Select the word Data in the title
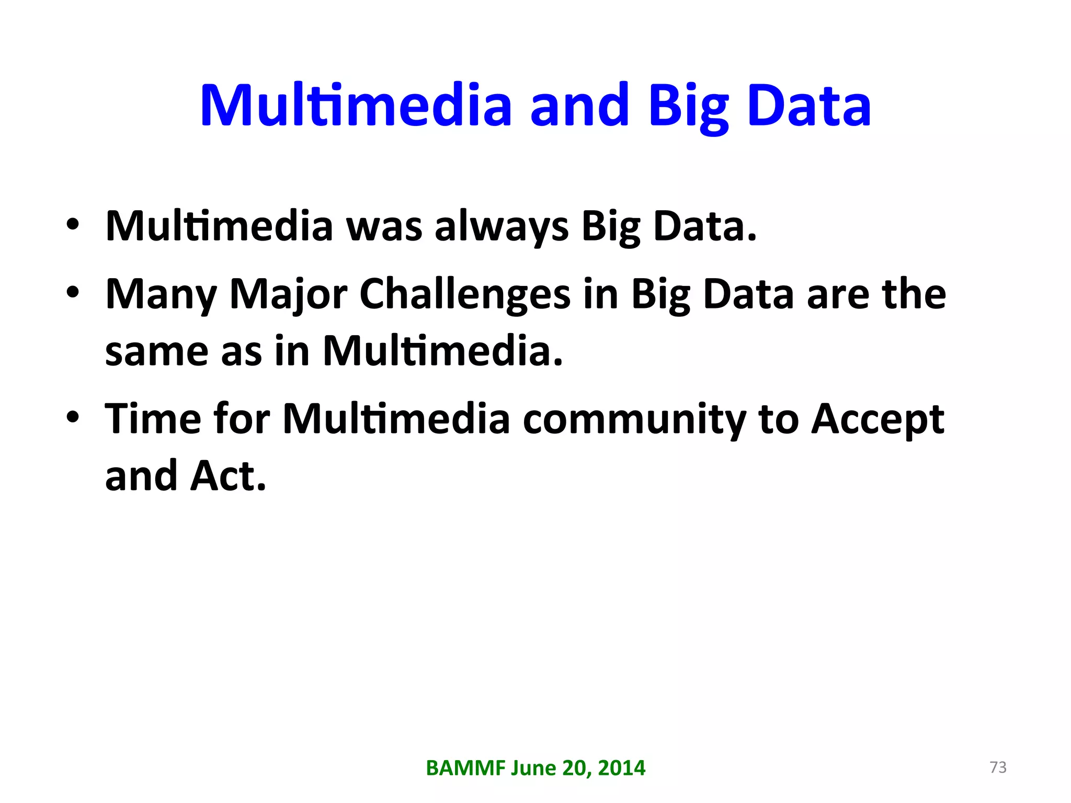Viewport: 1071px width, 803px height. pyautogui.click(x=809, y=106)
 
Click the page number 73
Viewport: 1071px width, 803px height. pyautogui.click(x=998, y=767)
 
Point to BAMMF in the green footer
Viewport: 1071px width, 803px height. pyautogui.click(x=465, y=768)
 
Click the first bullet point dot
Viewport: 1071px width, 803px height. pyautogui.click(x=73, y=225)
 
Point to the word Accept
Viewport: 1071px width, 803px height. pyautogui.click(x=877, y=420)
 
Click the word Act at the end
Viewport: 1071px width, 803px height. pyautogui.click(x=228, y=476)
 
